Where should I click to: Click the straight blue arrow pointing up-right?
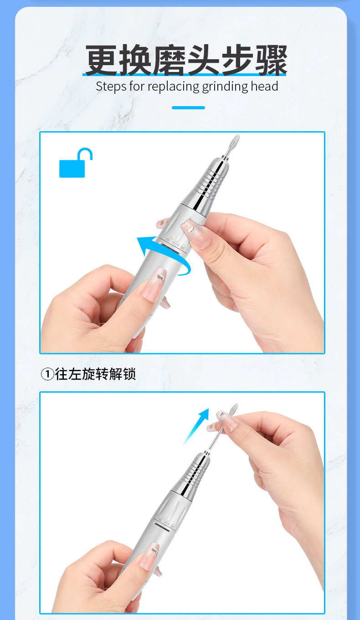pos(196,426)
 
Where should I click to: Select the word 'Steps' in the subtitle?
pos(111,86)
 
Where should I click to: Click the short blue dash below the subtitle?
pos(188,108)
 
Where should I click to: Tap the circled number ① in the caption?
pos(47,374)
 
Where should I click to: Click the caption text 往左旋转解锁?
pos(95,374)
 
